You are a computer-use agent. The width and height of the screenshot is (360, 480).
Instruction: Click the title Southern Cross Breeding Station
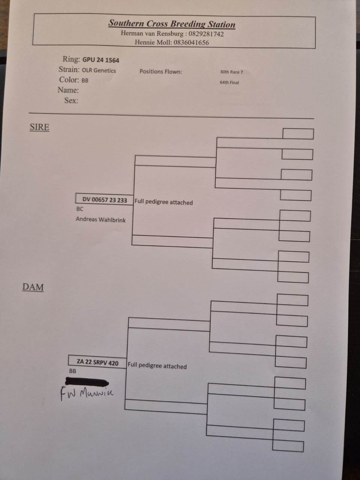point(172,23)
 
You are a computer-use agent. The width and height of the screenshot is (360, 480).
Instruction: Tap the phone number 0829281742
point(206,34)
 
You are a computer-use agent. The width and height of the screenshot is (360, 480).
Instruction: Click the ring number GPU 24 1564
point(101,60)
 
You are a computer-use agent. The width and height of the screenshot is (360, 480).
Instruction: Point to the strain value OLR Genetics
point(99,70)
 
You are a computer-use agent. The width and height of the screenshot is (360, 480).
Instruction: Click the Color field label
point(69,80)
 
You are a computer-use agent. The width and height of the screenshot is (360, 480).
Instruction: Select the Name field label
point(68,90)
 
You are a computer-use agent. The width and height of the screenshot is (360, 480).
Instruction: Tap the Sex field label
point(71,100)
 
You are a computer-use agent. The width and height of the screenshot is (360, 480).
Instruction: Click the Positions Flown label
point(161,72)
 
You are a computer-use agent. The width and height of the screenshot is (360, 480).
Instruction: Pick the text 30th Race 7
point(231,72)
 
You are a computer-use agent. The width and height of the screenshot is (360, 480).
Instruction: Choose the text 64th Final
point(229,82)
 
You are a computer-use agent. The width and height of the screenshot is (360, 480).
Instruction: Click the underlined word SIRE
point(39,127)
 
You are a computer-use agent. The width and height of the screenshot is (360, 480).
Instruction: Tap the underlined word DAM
point(33,287)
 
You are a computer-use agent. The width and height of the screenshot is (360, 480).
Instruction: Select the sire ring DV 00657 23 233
point(105,200)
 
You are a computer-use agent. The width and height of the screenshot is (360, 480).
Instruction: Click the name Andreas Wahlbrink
point(101,220)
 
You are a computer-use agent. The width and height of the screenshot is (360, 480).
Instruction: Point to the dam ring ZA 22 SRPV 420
point(97,362)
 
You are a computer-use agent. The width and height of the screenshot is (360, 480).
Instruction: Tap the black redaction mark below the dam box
point(87,382)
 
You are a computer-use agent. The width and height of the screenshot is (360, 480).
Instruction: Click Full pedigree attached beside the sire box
point(163,202)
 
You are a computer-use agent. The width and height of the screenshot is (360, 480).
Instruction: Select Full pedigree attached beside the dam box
point(157,366)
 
